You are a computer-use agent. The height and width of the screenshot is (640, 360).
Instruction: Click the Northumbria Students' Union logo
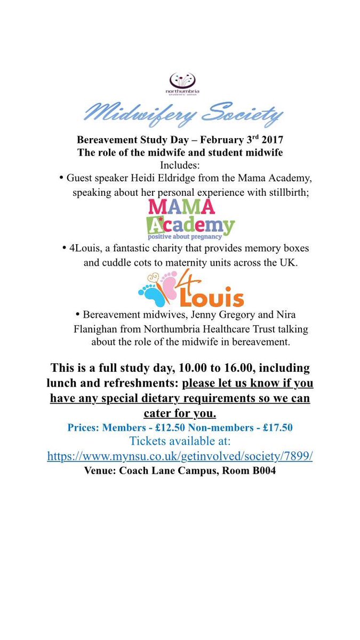click(182, 83)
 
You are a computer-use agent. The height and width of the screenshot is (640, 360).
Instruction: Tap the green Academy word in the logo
click(190, 225)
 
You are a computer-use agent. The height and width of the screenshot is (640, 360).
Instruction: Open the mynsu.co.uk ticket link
click(180, 457)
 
